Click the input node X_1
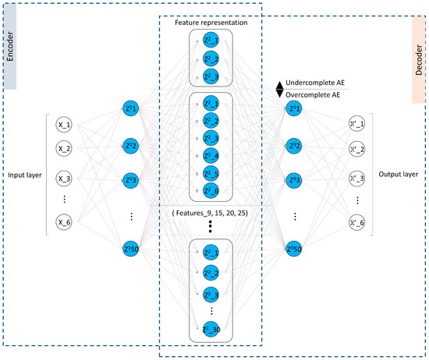(65, 123)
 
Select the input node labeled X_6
(65, 223)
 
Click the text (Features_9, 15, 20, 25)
(211, 210)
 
